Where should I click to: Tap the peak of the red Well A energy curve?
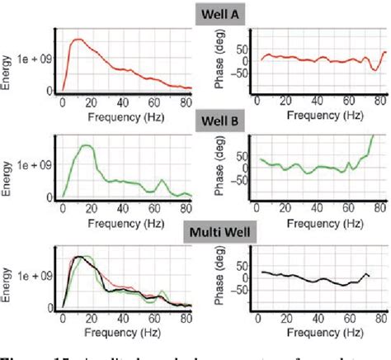click(x=78, y=40)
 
